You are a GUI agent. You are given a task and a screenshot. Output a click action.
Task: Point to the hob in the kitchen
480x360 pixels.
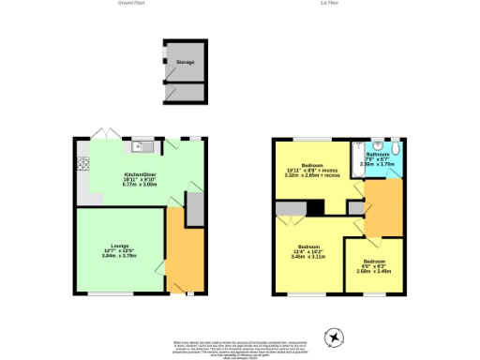click(x=82, y=165)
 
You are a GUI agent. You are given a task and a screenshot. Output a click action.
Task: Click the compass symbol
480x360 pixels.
click(x=335, y=335)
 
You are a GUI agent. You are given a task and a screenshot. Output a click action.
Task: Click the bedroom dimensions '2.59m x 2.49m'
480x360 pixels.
click(x=373, y=270)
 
